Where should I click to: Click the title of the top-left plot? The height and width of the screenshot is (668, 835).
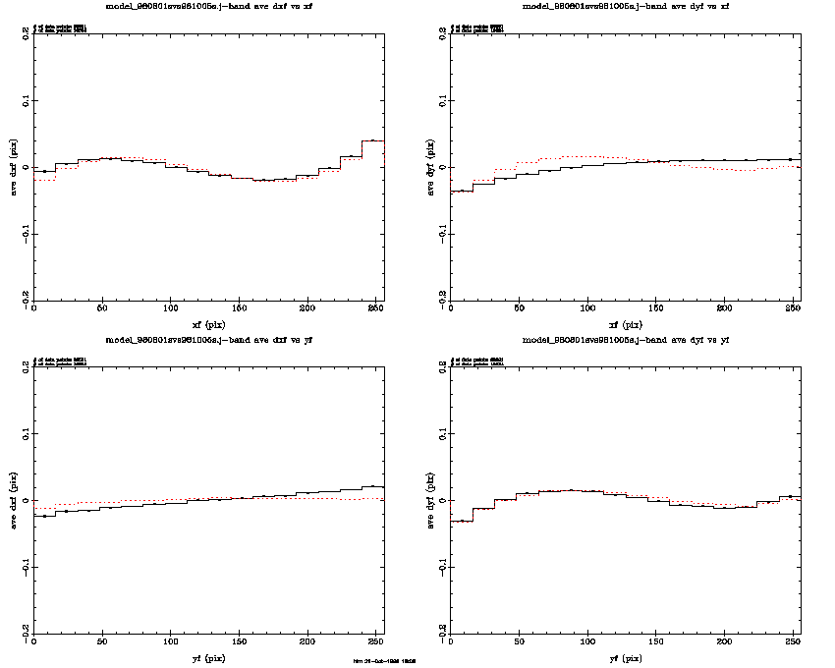[x=209, y=6]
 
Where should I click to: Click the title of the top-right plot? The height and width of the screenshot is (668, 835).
[x=626, y=6]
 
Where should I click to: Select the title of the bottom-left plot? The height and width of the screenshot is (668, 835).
[x=209, y=340]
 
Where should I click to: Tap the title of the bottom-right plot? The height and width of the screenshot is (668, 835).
[x=626, y=340]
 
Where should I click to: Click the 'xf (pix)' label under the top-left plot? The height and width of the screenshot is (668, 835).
[x=209, y=324]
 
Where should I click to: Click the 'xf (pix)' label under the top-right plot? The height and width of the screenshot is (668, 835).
[x=626, y=324]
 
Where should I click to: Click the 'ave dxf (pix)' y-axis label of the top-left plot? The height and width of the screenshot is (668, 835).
[x=13, y=166]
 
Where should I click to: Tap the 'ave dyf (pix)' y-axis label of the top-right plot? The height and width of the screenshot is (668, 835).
[x=429, y=166]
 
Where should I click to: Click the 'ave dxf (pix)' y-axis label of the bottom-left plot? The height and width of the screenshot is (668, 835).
[x=13, y=500]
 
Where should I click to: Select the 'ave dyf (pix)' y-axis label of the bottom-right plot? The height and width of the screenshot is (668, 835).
[x=429, y=500]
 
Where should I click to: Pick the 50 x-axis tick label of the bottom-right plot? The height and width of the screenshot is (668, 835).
[x=519, y=644]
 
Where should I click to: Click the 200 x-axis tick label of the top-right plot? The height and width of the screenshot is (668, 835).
[x=724, y=310]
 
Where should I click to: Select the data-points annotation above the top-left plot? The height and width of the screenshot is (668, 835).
[x=60, y=28]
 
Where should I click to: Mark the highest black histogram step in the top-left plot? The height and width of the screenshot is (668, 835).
[x=373, y=140]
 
